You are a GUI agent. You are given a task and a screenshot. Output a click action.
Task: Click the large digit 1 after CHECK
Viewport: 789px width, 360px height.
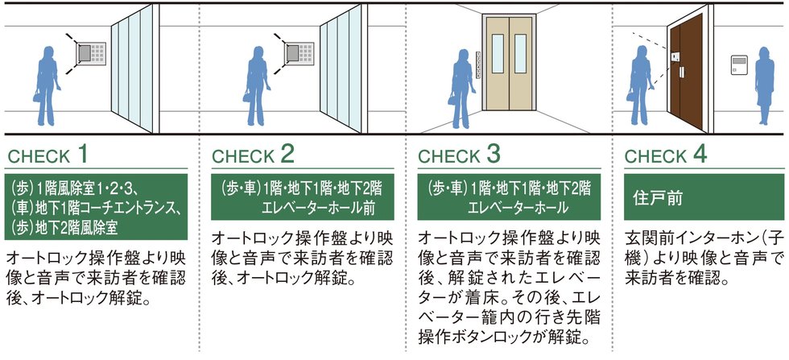click(81, 154)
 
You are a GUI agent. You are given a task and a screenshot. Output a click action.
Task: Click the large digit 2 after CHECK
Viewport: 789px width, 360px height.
click(287, 154)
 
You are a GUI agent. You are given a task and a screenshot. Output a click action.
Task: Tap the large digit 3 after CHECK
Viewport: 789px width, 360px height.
click(493, 154)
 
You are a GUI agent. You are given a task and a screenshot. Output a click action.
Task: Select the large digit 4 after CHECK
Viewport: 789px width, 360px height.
click(700, 154)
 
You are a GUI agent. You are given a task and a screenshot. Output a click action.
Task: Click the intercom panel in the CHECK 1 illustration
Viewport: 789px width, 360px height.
click(91, 53)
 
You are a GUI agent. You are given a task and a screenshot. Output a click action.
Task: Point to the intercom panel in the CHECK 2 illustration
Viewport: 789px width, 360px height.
click(299, 53)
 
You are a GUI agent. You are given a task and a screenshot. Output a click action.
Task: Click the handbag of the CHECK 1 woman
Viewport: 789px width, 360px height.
click(37, 95)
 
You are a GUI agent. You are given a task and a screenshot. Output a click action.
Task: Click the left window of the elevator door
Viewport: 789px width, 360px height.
click(498, 53)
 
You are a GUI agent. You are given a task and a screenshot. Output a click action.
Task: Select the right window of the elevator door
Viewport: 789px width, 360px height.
click(520, 53)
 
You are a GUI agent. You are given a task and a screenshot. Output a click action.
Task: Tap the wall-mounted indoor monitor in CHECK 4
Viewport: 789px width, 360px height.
click(740, 65)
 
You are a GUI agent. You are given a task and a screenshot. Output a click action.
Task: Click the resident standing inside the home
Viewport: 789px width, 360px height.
click(764, 85)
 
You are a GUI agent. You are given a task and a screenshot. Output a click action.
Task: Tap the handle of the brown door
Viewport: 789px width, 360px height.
click(682, 71)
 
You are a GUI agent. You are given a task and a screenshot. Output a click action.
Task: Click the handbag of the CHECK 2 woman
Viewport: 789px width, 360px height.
click(246, 95)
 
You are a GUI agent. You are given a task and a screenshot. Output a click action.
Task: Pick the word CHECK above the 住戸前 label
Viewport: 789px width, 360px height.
click(655, 156)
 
